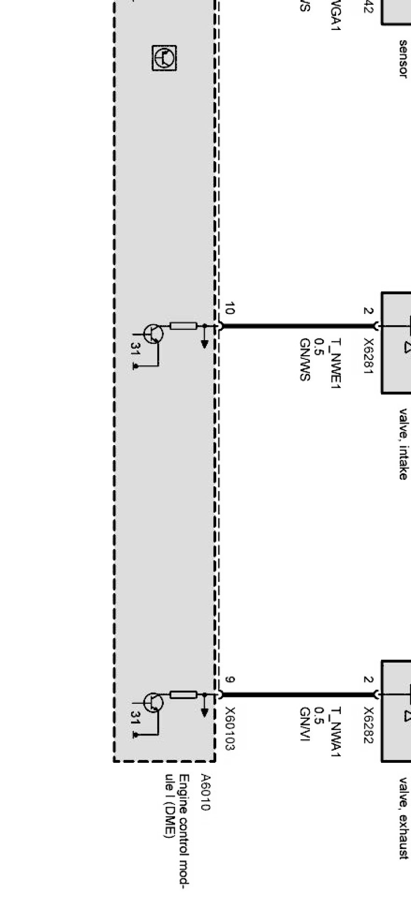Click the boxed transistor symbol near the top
(164, 58)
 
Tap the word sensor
(404, 58)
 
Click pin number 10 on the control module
(229, 309)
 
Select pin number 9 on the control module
(229, 680)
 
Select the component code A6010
(205, 792)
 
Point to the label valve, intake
(404, 444)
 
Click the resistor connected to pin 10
(183, 326)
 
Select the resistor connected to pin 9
(183, 695)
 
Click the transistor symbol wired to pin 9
(154, 702)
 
